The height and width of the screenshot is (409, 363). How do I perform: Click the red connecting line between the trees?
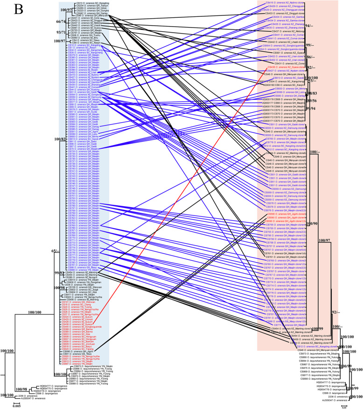point(187,187)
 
